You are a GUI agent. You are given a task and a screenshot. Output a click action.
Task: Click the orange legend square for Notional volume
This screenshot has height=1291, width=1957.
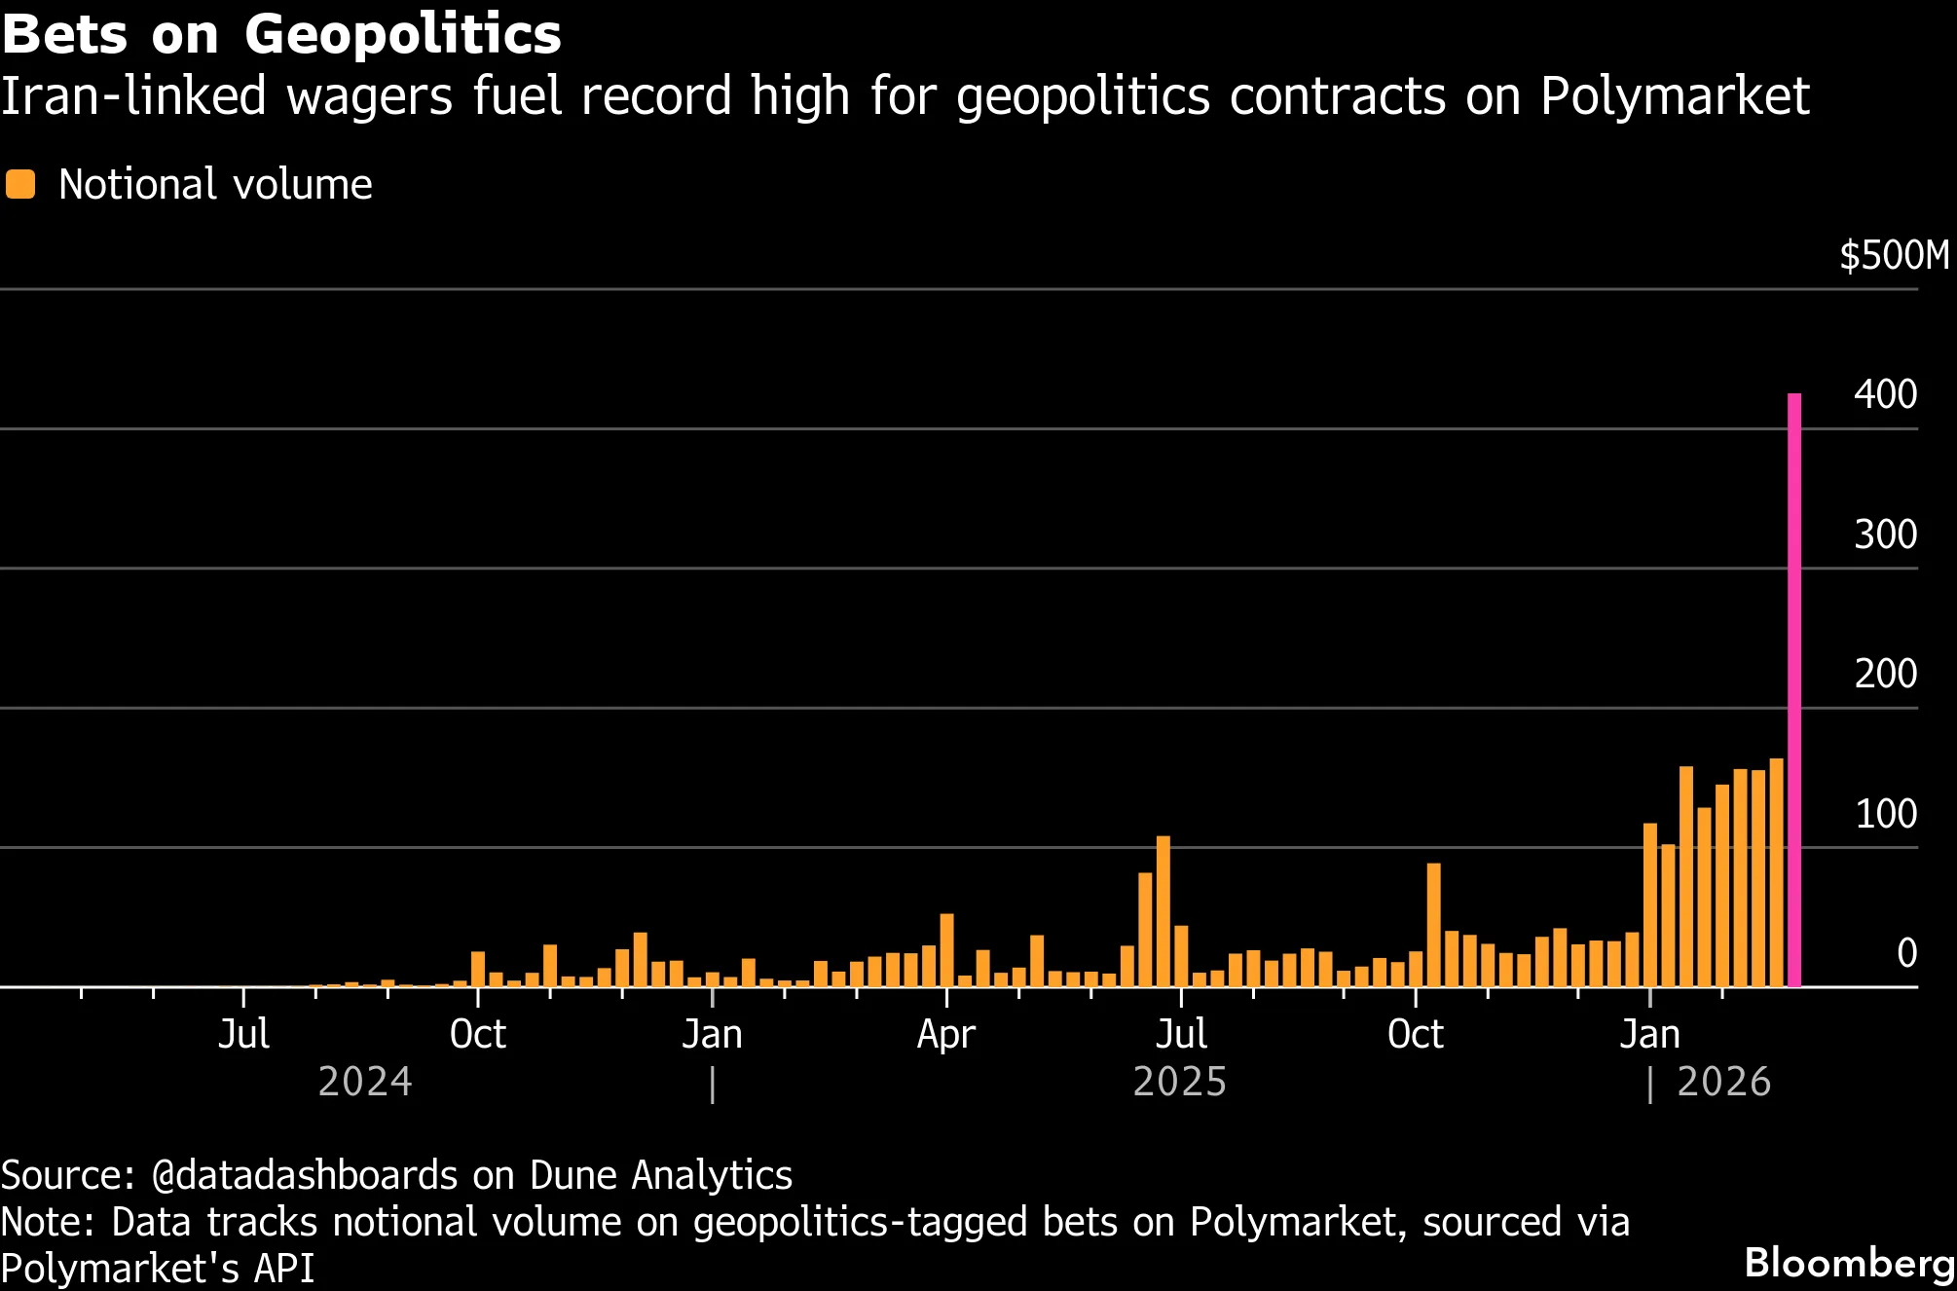pos(19,184)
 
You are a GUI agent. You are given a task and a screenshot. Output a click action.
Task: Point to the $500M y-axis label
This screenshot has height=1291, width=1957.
pos(1894,256)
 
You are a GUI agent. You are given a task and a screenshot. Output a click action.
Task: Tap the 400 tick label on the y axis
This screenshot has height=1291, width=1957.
pos(1885,394)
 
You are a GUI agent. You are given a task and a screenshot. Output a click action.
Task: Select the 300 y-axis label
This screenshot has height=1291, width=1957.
pos(1885,535)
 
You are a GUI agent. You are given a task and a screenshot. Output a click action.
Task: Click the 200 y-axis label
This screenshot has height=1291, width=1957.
pos(1885,674)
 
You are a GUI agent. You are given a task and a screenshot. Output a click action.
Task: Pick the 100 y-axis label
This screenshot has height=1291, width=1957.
pos(1885,814)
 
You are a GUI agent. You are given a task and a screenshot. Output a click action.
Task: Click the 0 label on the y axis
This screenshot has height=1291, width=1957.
pos(1906,953)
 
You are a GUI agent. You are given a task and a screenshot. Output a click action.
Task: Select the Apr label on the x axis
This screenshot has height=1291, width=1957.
pos(945,1034)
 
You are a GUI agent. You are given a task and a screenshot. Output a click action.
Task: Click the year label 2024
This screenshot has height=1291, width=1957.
pos(365,1083)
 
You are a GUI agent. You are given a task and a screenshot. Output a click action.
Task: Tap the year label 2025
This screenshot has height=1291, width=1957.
pos(1179,1083)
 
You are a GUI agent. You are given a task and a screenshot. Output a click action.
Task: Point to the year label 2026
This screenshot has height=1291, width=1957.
pos(1723,1083)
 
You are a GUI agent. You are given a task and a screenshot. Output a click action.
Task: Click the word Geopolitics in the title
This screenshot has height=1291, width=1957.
pos(402,35)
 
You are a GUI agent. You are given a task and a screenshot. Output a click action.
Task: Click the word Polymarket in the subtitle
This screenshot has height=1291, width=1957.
pos(1675,96)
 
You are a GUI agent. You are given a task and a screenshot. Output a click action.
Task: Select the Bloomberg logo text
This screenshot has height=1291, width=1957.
pos(1849,1263)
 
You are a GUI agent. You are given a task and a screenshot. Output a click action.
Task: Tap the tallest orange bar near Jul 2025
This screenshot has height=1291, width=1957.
pos(1163,910)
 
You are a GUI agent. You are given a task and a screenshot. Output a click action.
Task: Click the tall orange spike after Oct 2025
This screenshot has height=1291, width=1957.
pos(1433,924)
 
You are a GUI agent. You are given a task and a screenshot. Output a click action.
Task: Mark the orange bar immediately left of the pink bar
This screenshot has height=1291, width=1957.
pos(1776,871)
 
